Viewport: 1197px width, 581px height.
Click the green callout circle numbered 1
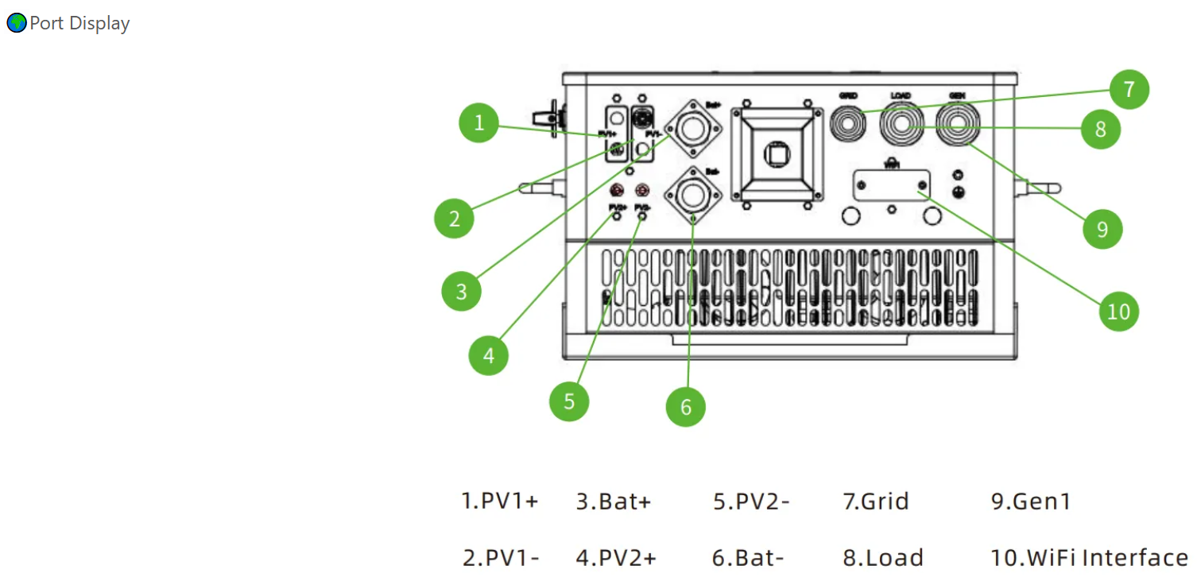click(479, 123)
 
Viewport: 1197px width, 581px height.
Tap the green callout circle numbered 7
click(1129, 89)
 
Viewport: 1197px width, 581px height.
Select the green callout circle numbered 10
click(1118, 312)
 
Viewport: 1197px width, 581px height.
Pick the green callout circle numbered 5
click(569, 401)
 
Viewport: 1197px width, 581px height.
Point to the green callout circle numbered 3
click(462, 292)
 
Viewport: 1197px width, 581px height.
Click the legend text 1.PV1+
click(500, 502)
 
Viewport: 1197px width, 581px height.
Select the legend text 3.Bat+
click(613, 502)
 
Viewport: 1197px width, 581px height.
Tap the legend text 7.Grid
click(875, 502)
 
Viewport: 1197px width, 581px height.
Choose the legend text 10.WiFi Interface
click(1089, 557)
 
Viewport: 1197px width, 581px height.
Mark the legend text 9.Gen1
click(1030, 502)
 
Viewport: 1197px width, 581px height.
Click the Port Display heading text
click(79, 24)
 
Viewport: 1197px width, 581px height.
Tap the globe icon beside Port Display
click(16, 24)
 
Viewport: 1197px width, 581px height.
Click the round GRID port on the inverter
click(848, 124)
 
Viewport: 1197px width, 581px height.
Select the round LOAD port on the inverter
click(901, 125)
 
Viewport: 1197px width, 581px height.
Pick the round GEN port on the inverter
click(957, 125)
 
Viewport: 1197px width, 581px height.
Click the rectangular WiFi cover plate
click(892, 185)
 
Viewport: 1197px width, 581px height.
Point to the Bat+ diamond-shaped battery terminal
click(694, 129)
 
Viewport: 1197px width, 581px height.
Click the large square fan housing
click(777, 153)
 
